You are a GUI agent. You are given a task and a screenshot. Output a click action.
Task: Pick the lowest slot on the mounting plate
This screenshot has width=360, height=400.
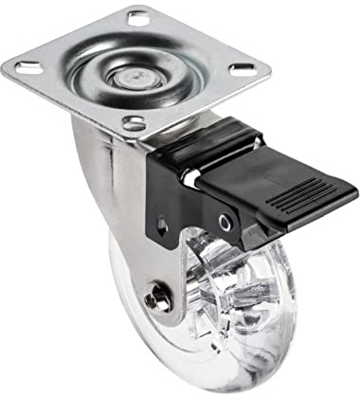click(135, 122)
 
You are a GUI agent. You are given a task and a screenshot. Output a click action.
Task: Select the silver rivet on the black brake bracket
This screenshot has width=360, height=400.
click(225, 222)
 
